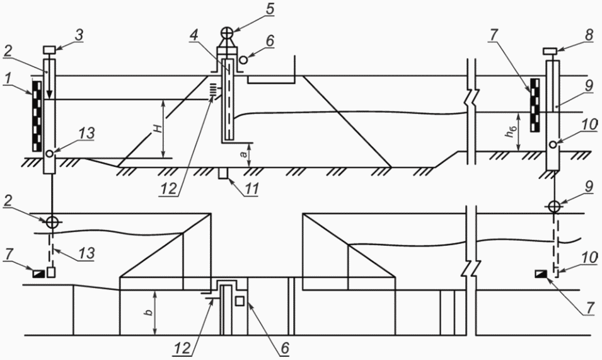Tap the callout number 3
click(x=78, y=34)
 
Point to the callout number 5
click(x=270, y=9)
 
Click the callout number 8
click(x=589, y=36)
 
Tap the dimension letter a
click(x=243, y=154)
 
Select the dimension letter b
click(x=149, y=311)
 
